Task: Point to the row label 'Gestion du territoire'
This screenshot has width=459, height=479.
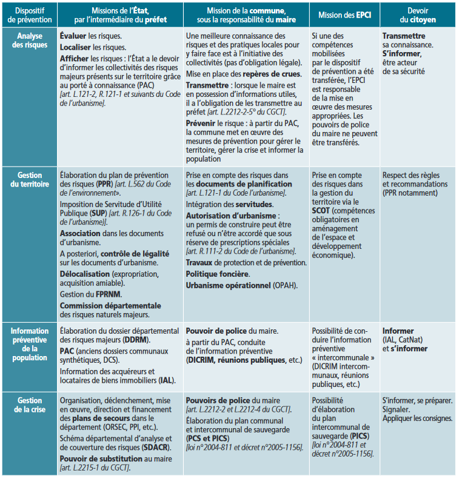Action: tap(30, 179)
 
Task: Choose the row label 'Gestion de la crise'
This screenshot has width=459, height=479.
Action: tap(30, 405)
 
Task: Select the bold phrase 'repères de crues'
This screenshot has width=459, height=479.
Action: tap(265, 75)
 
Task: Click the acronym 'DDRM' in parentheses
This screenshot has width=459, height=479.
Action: tap(136, 340)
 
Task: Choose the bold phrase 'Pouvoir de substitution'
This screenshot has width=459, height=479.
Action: tap(102, 458)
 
